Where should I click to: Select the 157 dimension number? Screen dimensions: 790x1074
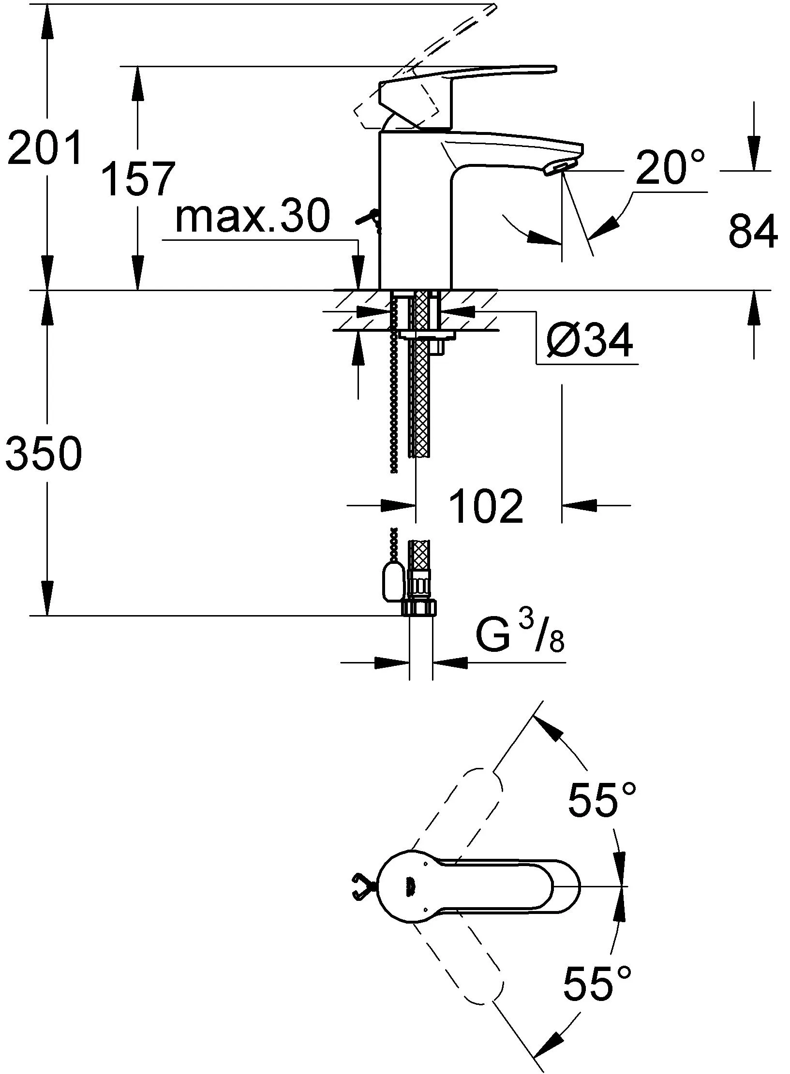[x=137, y=179]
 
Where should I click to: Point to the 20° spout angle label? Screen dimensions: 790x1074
[x=670, y=167]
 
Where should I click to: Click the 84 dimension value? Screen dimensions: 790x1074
[x=753, y=232]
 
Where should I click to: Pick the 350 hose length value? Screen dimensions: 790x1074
[x=44, y=454]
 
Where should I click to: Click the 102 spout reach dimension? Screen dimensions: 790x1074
[x=486, y=506]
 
